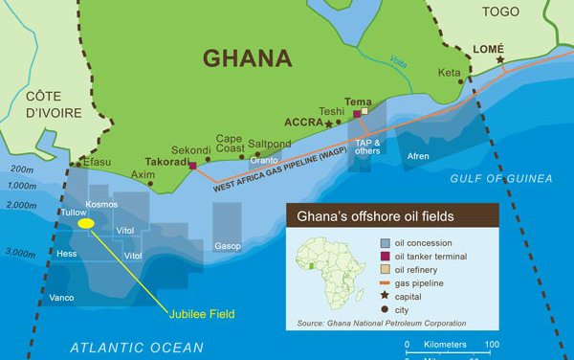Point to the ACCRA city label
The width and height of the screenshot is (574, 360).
(305, 123)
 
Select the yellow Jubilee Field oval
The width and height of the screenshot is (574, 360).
(86, 223)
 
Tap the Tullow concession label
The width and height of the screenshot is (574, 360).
(73, 212)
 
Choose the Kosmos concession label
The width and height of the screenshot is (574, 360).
(100, 205)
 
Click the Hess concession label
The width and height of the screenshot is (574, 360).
(66, 255)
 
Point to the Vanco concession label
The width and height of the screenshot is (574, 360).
(61, 298)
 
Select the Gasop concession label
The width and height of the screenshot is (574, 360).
(228, 246)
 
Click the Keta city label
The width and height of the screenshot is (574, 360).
(449, 73)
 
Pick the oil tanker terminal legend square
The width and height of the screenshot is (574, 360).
(385, 257)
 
